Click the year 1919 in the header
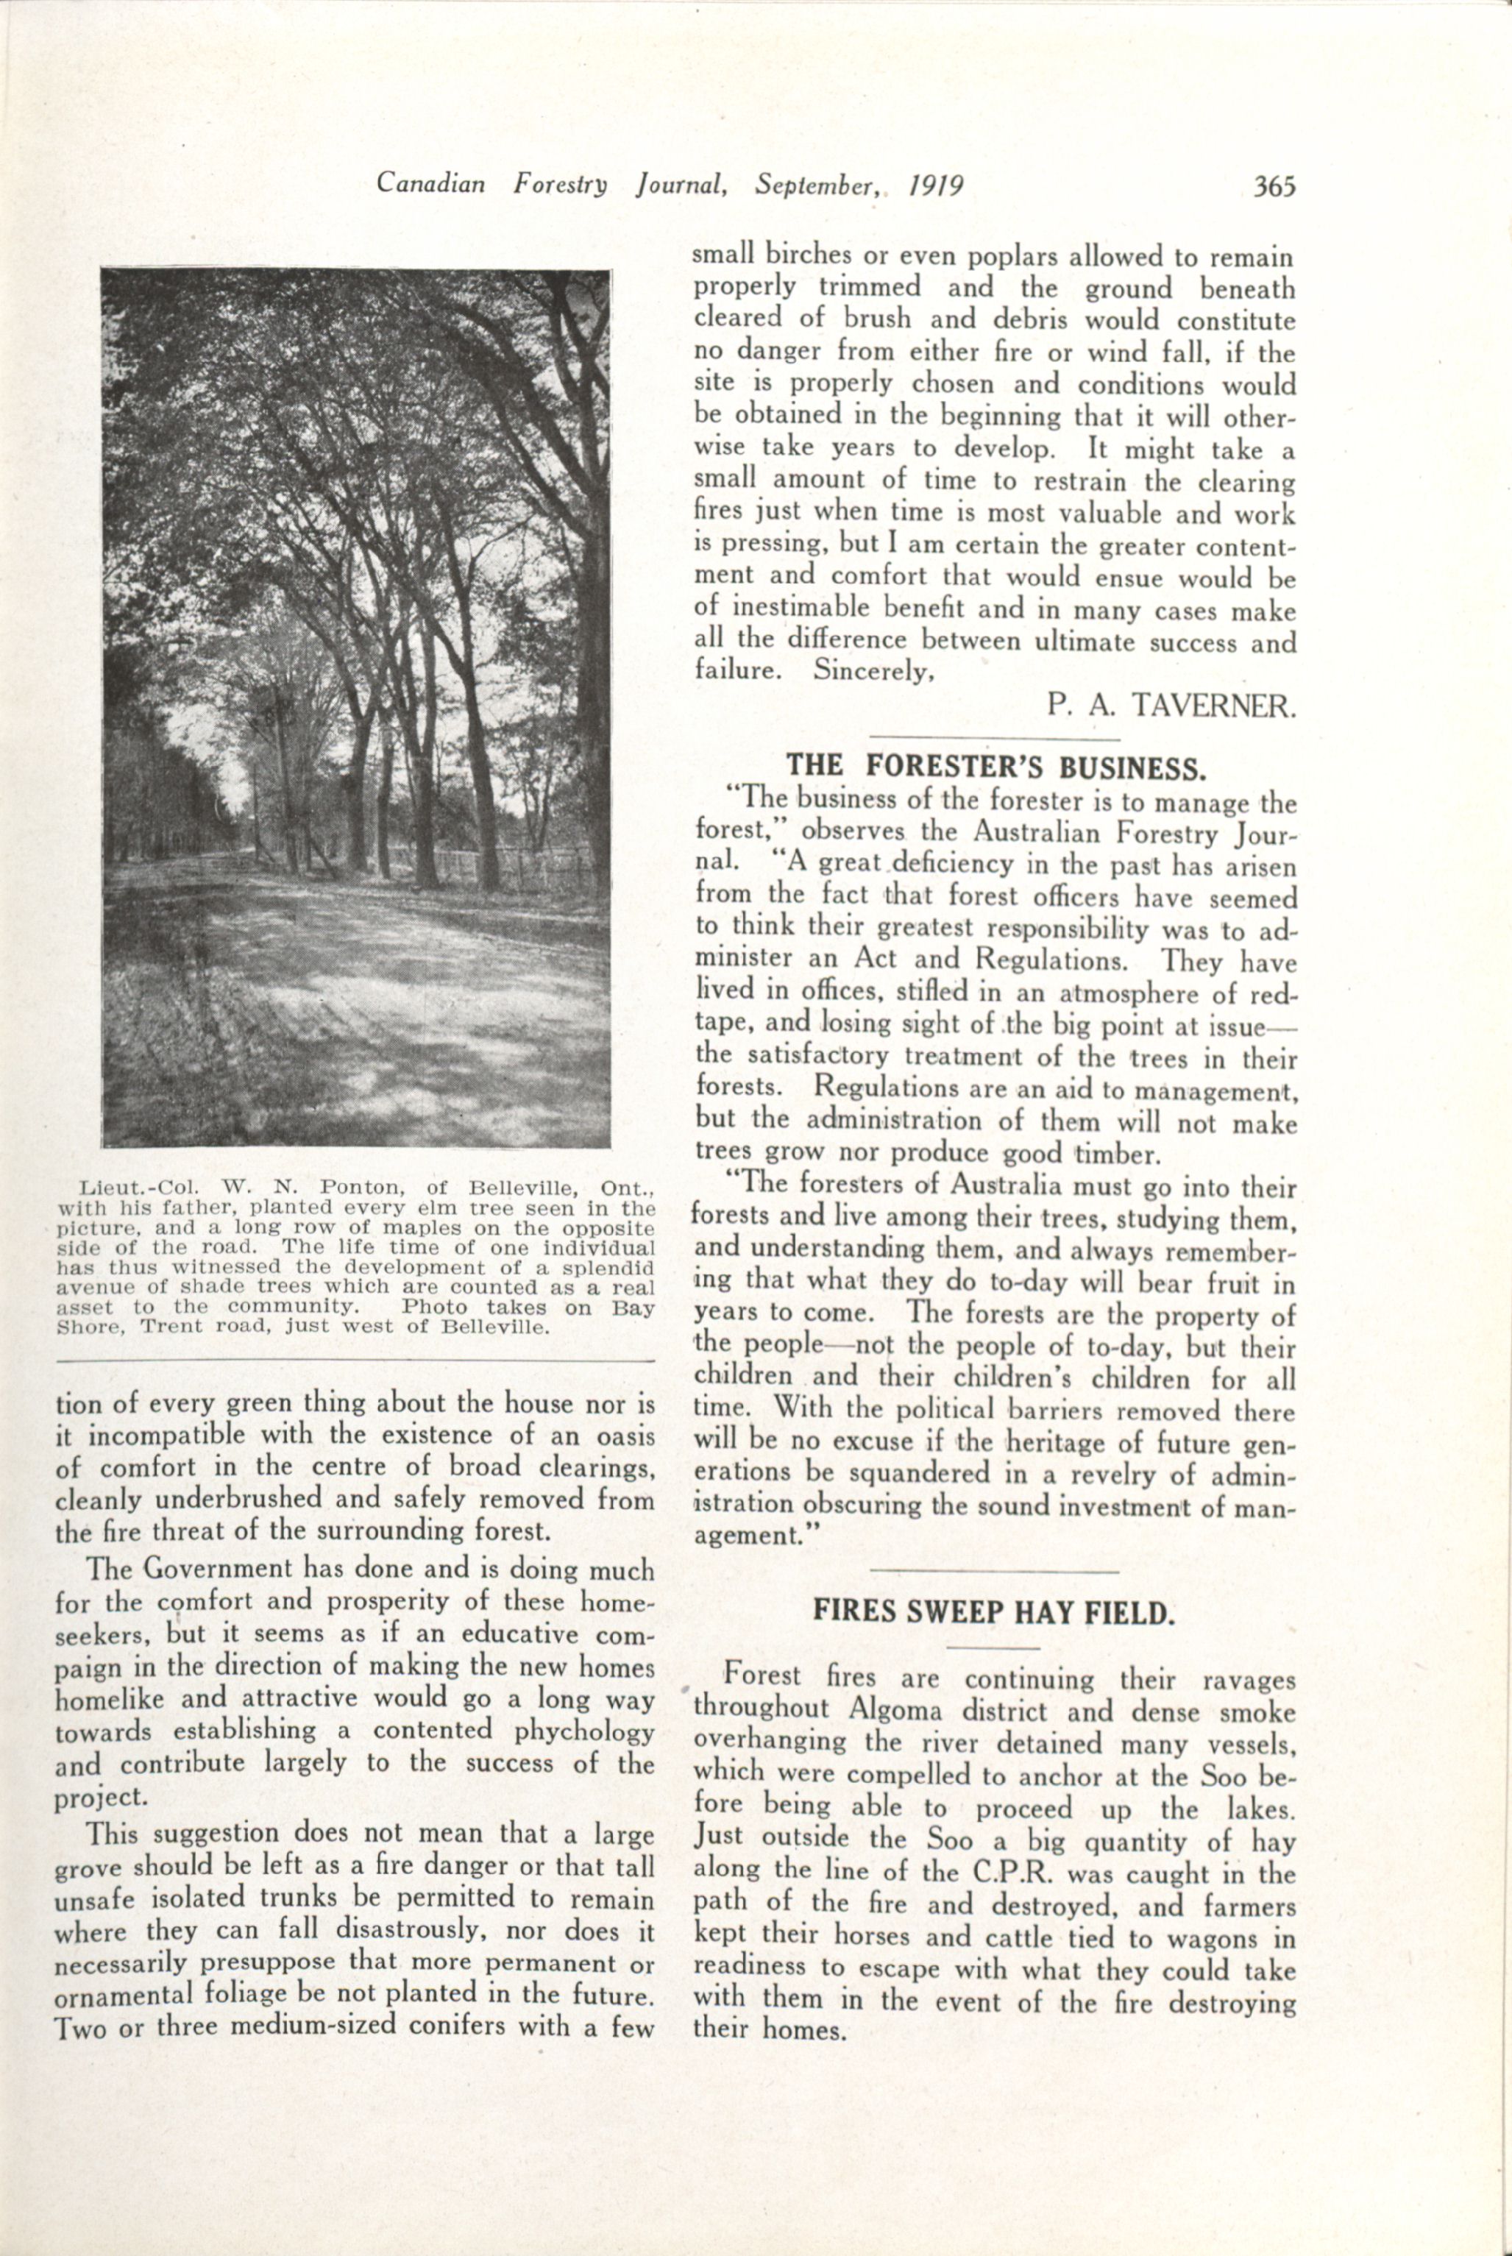coord(937,184)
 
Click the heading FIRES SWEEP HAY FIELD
coord(994,1612)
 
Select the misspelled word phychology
coord(583,1731)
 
